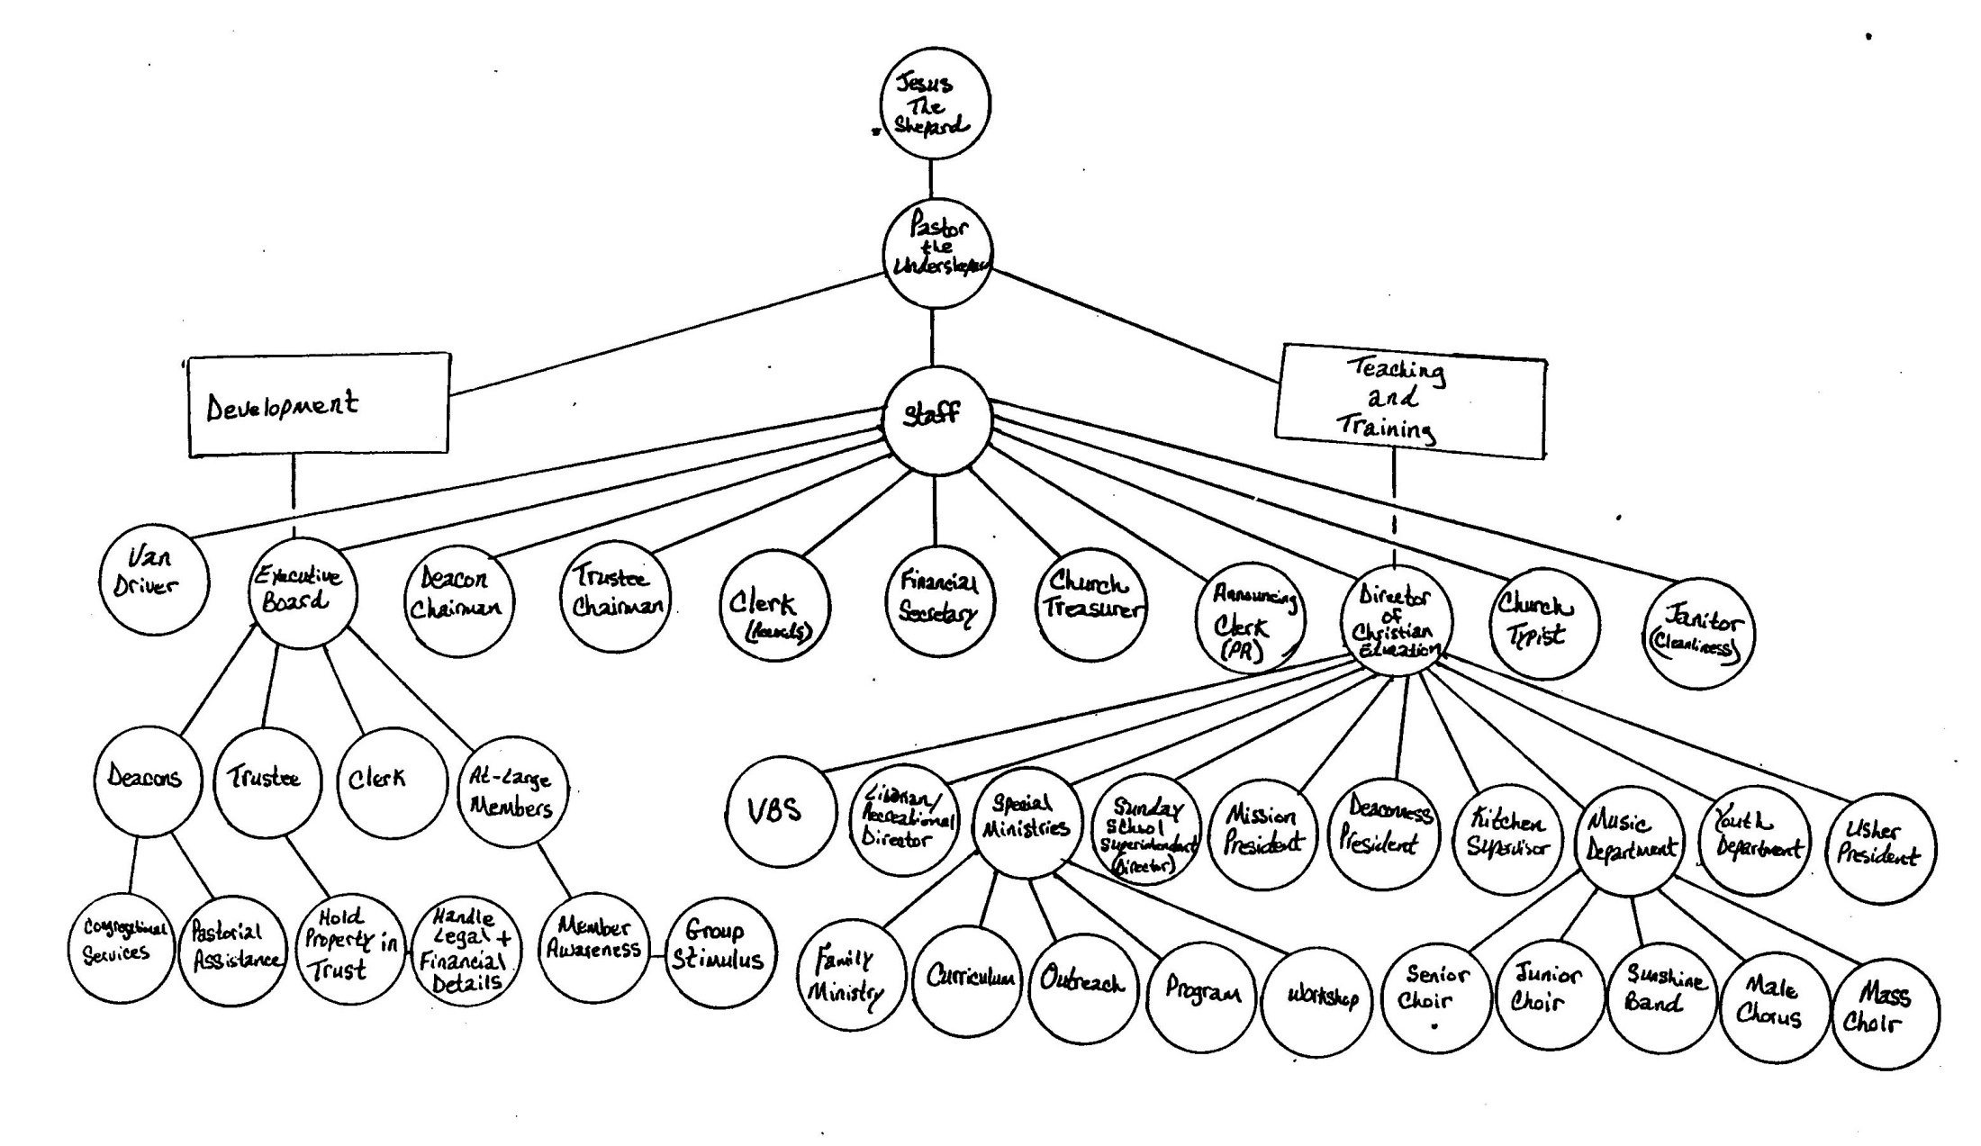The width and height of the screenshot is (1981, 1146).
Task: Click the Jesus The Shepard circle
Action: (x=934, y=104)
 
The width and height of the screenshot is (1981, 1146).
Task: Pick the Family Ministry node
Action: (x=848, y=978)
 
